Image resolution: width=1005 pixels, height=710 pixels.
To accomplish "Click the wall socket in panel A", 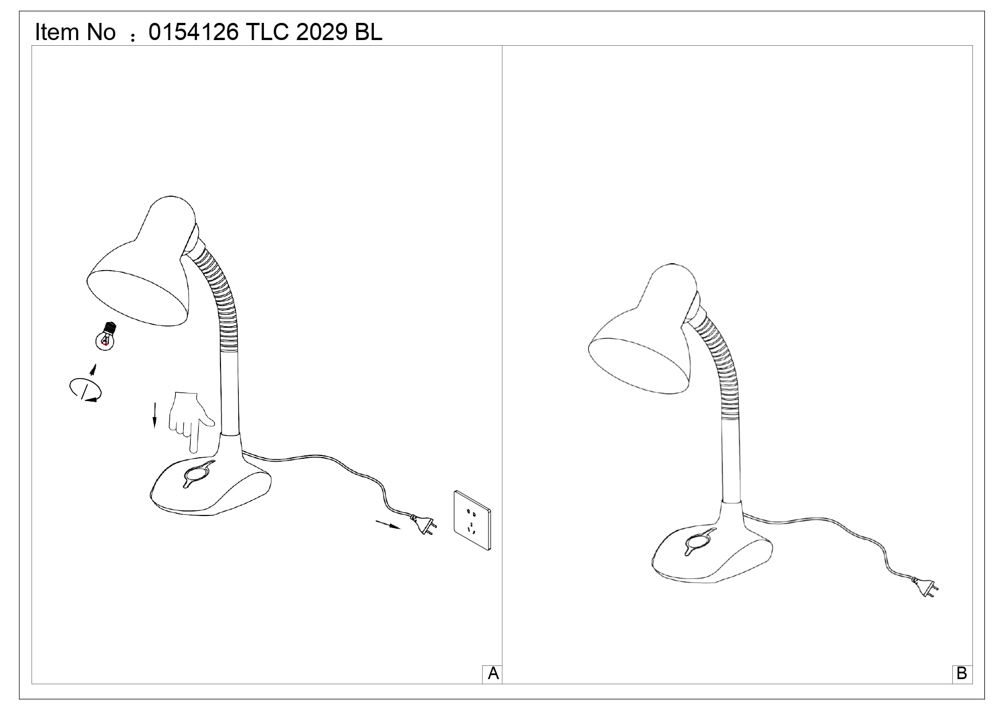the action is click(472, 521).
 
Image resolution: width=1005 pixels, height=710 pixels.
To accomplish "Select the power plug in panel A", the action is click(424, 525).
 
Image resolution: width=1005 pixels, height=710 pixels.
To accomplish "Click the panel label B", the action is click(961, 674).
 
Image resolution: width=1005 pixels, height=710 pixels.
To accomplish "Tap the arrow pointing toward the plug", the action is click(388, 525).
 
